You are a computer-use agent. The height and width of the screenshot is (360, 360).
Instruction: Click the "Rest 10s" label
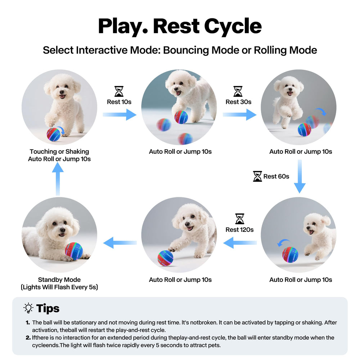point(119,102)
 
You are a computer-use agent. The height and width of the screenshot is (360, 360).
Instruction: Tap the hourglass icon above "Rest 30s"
point(238,91)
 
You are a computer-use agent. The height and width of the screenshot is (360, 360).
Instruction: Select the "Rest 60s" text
point(276,176)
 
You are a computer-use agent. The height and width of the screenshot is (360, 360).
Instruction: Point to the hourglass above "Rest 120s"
point(239,219)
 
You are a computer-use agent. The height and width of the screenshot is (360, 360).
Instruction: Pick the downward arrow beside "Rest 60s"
point(300,176)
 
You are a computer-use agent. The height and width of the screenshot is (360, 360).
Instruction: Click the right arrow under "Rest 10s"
point(120,114)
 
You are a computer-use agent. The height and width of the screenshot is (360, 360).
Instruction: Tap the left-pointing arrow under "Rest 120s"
point(240,243)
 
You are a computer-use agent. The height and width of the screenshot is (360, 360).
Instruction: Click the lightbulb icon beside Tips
point(28,308)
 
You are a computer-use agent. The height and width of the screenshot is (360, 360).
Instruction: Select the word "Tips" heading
point(48,309)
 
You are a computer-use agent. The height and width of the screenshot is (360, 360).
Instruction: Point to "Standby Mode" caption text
point(59,280)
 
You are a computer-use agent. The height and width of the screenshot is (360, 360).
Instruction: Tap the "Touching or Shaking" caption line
point(59,152)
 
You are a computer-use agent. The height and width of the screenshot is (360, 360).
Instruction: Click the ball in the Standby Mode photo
point(74,251)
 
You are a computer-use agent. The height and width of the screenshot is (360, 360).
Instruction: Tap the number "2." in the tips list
point(28,338)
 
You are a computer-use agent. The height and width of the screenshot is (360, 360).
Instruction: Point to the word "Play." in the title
point(122,26)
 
